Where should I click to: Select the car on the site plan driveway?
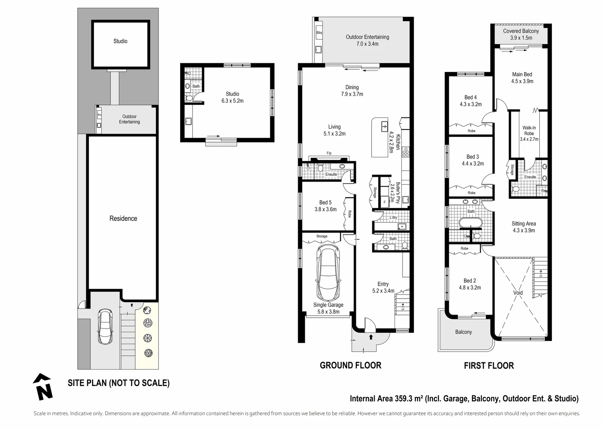point(106,327)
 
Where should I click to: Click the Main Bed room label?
point(522,74)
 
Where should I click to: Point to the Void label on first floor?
point(518,293)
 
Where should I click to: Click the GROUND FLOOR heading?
point(350,365)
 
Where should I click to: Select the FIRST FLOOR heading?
point(489,365)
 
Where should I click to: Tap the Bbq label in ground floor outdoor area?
point(319,33)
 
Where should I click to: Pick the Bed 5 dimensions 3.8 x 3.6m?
point(325,209)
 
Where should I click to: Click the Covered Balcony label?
point(521,31)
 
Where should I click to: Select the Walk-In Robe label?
point(529,131)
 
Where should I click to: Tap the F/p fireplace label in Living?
point(329,153)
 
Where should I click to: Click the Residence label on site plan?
point(123,219)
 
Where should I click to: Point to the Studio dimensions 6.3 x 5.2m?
point(232,101)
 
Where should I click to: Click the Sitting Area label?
point(523,224)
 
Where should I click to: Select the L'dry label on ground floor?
point(393,217)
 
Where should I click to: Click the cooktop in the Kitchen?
point(405,152)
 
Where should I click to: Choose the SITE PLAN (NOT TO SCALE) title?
point(118,383)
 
